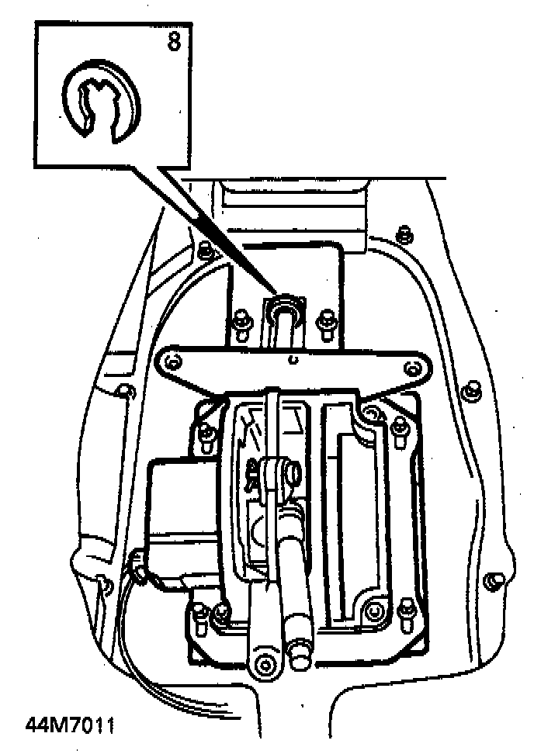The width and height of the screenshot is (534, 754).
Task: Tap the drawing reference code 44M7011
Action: click(x=70, y=726)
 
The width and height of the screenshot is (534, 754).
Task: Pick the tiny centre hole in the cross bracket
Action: click(x=291, y=359)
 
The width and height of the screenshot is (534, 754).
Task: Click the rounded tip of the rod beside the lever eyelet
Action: click(x=297, y=660)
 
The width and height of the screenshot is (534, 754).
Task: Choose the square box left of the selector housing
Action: click(x=182, y=500)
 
